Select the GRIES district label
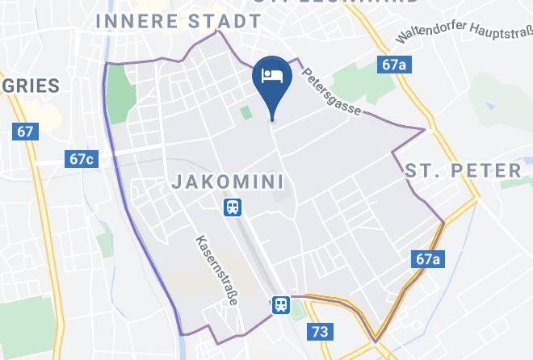click(30, 86)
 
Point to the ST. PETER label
click(463, 170)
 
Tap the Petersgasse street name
click(331, 90)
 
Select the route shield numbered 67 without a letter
click(26, 131)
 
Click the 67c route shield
click(82, 159)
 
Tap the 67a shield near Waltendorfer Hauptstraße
click(392, 65)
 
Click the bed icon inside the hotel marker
click(271, 75)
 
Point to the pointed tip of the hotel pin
click(271, 119)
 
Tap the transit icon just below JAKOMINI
click(233, 208)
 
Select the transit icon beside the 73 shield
click(281, 304)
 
